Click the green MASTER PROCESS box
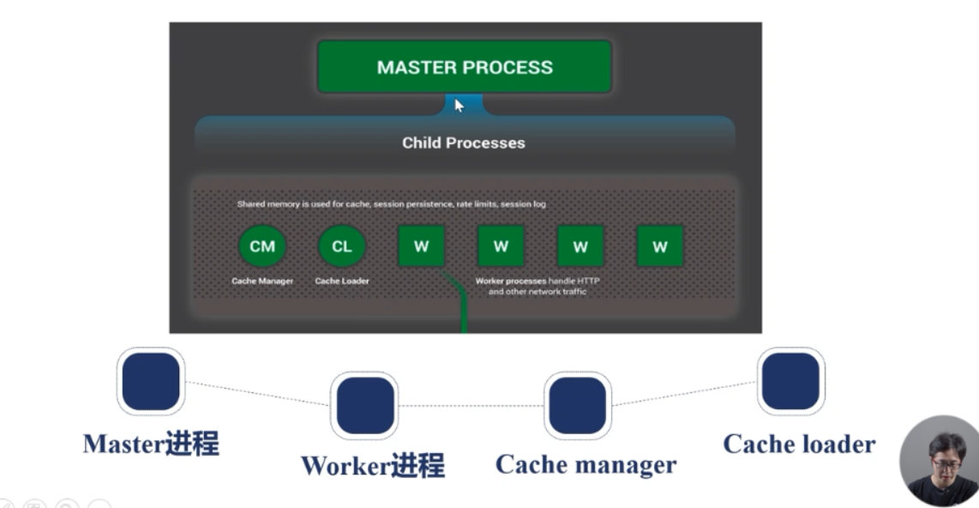[465, 67]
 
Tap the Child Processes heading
[464, 142]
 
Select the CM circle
[262, 246]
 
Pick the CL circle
[341, 246]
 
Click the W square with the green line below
[421, 246]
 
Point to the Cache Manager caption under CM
[262, 281]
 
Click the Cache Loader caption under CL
[342, 281]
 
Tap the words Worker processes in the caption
[511, 281]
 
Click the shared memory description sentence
[391, 204]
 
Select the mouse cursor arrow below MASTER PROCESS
[459, 106]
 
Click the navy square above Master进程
[151, 381]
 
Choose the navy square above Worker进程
[364, 405]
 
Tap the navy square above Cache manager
[578, 405]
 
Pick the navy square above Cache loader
[790, 381]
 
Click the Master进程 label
[151, 444]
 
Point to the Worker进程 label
[372, 466]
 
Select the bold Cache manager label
[586, 465]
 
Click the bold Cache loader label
[799, 444]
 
